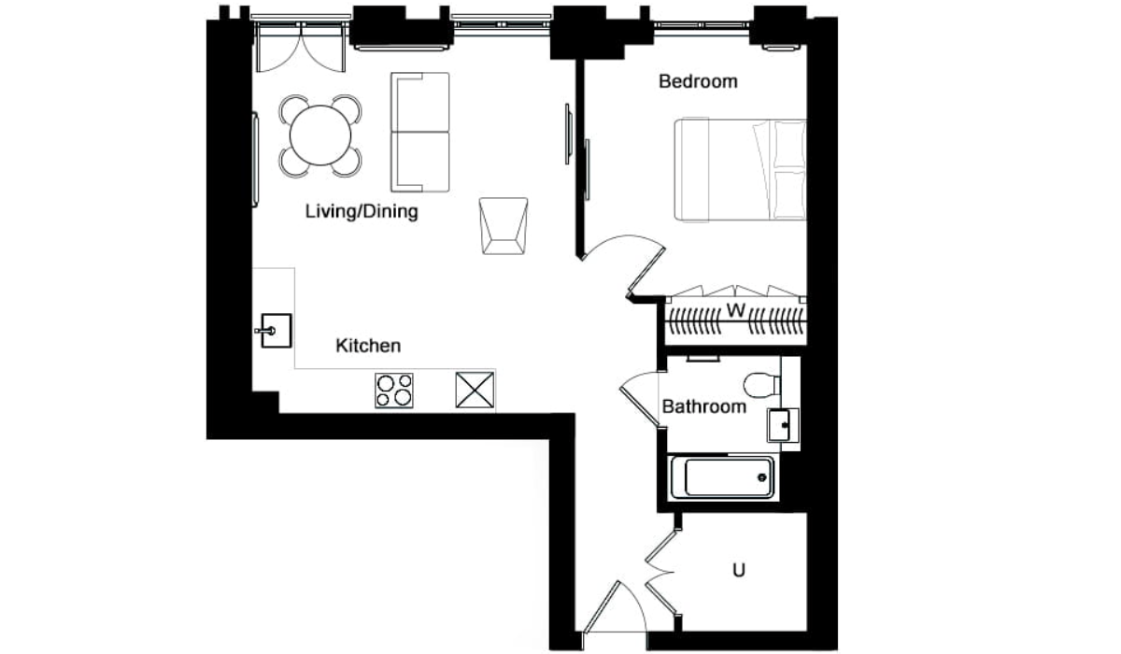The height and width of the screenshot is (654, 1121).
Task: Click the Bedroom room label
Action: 698,81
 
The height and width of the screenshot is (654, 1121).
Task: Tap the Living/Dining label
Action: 362,212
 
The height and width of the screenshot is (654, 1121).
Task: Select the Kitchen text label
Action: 368,346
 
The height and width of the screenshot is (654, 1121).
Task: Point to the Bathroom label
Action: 703,406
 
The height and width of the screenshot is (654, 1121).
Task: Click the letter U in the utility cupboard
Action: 739,571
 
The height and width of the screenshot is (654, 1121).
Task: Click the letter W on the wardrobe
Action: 736,310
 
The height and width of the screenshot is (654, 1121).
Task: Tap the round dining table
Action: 320,135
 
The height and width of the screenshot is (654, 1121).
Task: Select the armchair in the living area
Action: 504,226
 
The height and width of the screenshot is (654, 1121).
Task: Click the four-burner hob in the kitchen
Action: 394,391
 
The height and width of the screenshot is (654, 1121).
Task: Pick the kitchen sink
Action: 276,330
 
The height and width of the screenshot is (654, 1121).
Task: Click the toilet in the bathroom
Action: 761,385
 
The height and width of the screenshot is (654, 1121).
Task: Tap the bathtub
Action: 722,477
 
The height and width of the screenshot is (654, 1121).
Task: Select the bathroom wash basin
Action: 781,425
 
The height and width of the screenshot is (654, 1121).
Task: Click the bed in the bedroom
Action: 740,170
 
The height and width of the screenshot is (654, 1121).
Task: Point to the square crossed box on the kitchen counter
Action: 475,390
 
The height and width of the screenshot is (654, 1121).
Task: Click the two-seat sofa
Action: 419,132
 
